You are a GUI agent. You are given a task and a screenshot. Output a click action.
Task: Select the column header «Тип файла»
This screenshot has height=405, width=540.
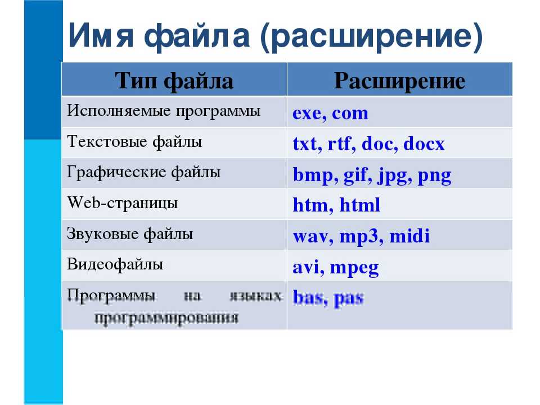tap(174, 81)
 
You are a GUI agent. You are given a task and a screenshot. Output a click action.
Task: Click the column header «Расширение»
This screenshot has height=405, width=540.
tap(399, 81)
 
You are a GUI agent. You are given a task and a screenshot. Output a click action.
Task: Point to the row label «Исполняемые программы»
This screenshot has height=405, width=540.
tap(164, 111)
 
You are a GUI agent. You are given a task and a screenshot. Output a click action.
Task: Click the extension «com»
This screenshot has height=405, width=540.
tap(350, 114)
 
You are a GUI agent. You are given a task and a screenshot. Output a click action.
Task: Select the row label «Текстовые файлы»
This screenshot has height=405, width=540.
tap(134, 141)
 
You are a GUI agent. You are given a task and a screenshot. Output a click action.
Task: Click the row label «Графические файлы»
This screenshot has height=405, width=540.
tap(143, 172)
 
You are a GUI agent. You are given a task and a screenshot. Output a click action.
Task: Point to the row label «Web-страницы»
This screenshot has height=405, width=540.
tap(123, 202)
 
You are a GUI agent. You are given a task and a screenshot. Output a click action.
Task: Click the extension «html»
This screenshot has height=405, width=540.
tap(359, 206)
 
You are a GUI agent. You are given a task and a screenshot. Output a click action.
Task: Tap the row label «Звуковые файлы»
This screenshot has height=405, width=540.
tap(130, 233)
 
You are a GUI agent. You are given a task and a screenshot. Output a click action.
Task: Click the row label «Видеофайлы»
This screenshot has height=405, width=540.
tap(115, 264)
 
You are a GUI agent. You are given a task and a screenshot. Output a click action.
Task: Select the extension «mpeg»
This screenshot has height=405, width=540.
tap(354, 268)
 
